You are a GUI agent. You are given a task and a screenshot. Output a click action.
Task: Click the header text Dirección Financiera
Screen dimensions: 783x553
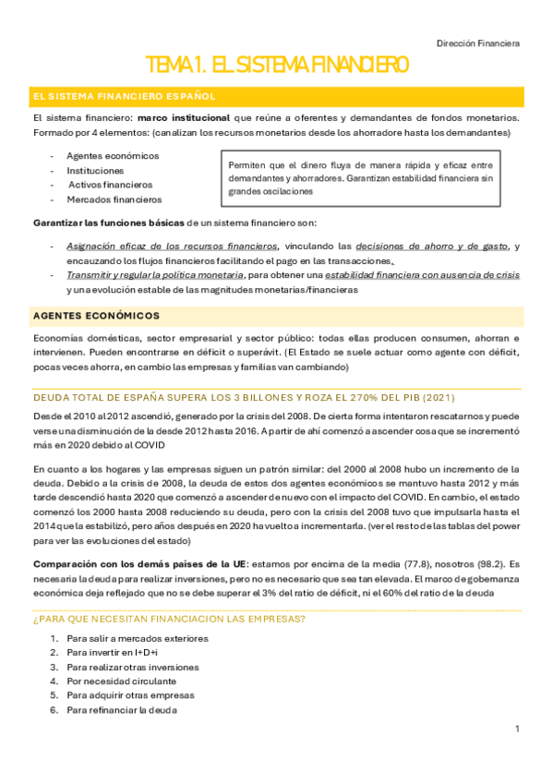click(x=478, y=42)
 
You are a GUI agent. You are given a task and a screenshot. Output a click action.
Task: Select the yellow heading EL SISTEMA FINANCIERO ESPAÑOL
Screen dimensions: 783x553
click(x=124, y=96)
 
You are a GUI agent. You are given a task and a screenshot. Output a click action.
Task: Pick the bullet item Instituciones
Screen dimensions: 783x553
click(x=95, y=171)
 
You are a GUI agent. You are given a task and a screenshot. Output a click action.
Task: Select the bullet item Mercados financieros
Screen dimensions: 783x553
click(x=114, y=199)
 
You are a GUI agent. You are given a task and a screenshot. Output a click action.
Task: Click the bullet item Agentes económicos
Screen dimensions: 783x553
click(x=113, y=156)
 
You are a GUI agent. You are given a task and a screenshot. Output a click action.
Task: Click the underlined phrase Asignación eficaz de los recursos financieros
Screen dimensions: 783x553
click(x=173, y=247)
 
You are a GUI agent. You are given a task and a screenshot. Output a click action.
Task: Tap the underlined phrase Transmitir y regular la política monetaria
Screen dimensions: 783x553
click(x=155, y=275)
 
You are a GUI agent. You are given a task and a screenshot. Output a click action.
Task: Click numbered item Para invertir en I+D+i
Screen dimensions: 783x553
click(x=112, y=653)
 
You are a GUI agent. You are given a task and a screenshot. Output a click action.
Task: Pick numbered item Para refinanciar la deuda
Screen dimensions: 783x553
click(x=122, y=710)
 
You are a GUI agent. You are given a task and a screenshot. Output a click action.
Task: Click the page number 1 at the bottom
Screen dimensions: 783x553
click(x=518, y=729)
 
